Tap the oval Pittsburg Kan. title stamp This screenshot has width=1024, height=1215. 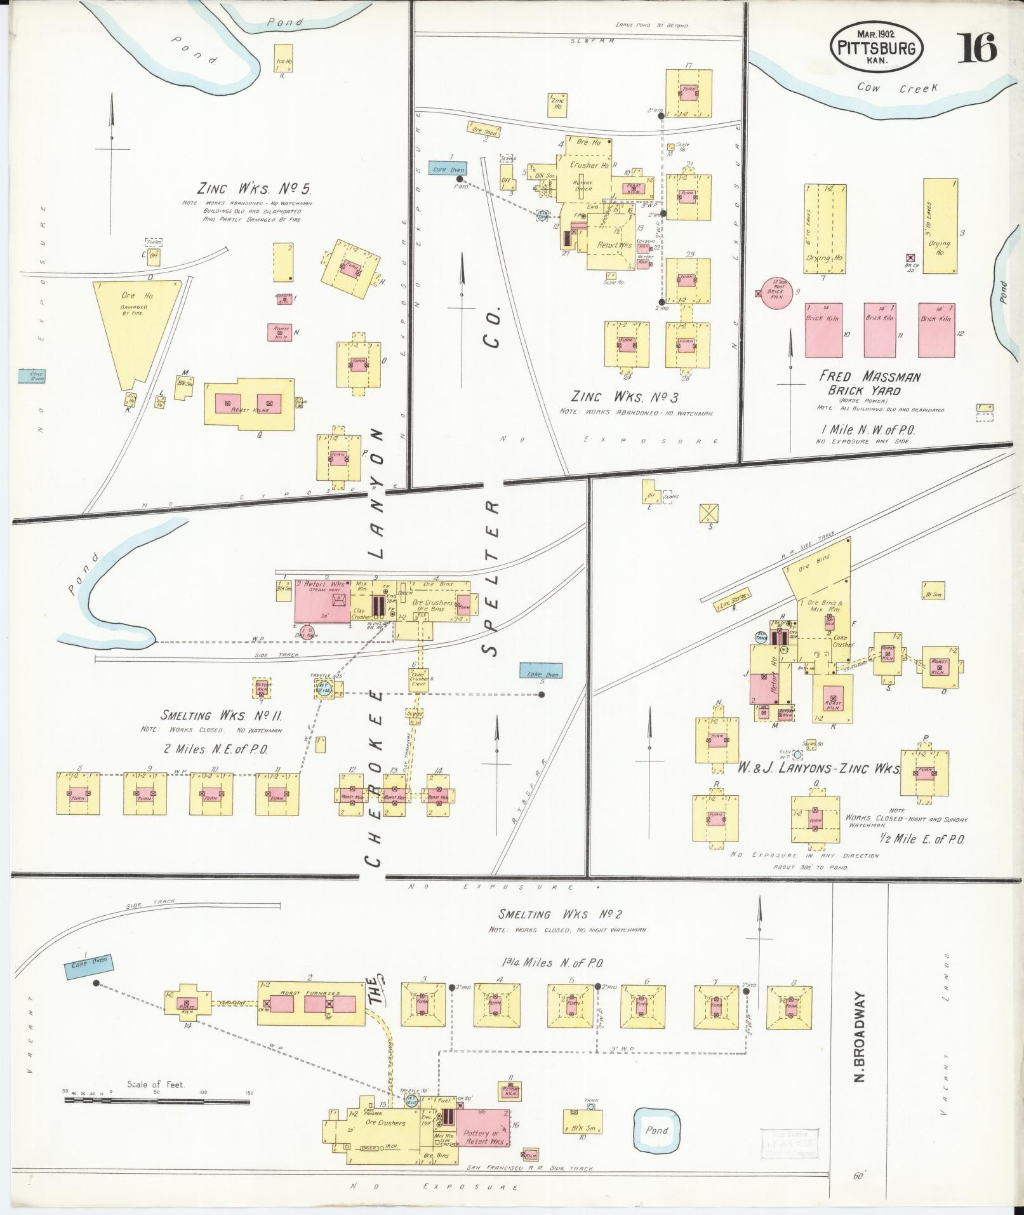point(876,45)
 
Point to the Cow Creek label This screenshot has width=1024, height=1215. point(896,88)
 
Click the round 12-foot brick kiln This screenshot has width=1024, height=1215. point(776,293)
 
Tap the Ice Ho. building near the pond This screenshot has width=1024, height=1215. point(283,57)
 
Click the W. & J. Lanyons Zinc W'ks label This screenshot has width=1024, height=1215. point(818,769)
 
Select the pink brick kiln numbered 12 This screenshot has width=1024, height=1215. point(937,330)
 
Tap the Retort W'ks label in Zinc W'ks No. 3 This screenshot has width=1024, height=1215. point(614,244)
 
